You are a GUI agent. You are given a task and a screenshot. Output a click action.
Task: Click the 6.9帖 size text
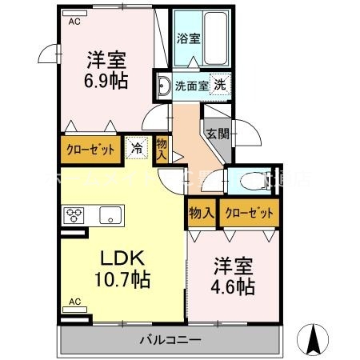pos(104,80)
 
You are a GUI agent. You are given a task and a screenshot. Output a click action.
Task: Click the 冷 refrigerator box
pos(137,148)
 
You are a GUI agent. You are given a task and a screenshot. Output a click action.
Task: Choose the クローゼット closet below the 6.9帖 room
pos(90,149)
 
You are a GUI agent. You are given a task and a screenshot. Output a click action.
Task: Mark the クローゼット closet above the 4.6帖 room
pos(248,214)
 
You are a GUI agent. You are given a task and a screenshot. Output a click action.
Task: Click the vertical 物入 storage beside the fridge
pos(161,149)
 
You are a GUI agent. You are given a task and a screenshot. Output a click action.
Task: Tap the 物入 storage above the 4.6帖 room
pos(201,214)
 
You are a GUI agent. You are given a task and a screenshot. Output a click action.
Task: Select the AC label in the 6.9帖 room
pos(74,22)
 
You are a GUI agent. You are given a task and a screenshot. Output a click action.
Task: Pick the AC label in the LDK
pos(74,302)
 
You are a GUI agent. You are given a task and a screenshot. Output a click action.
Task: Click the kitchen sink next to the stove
pos(110,214)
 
